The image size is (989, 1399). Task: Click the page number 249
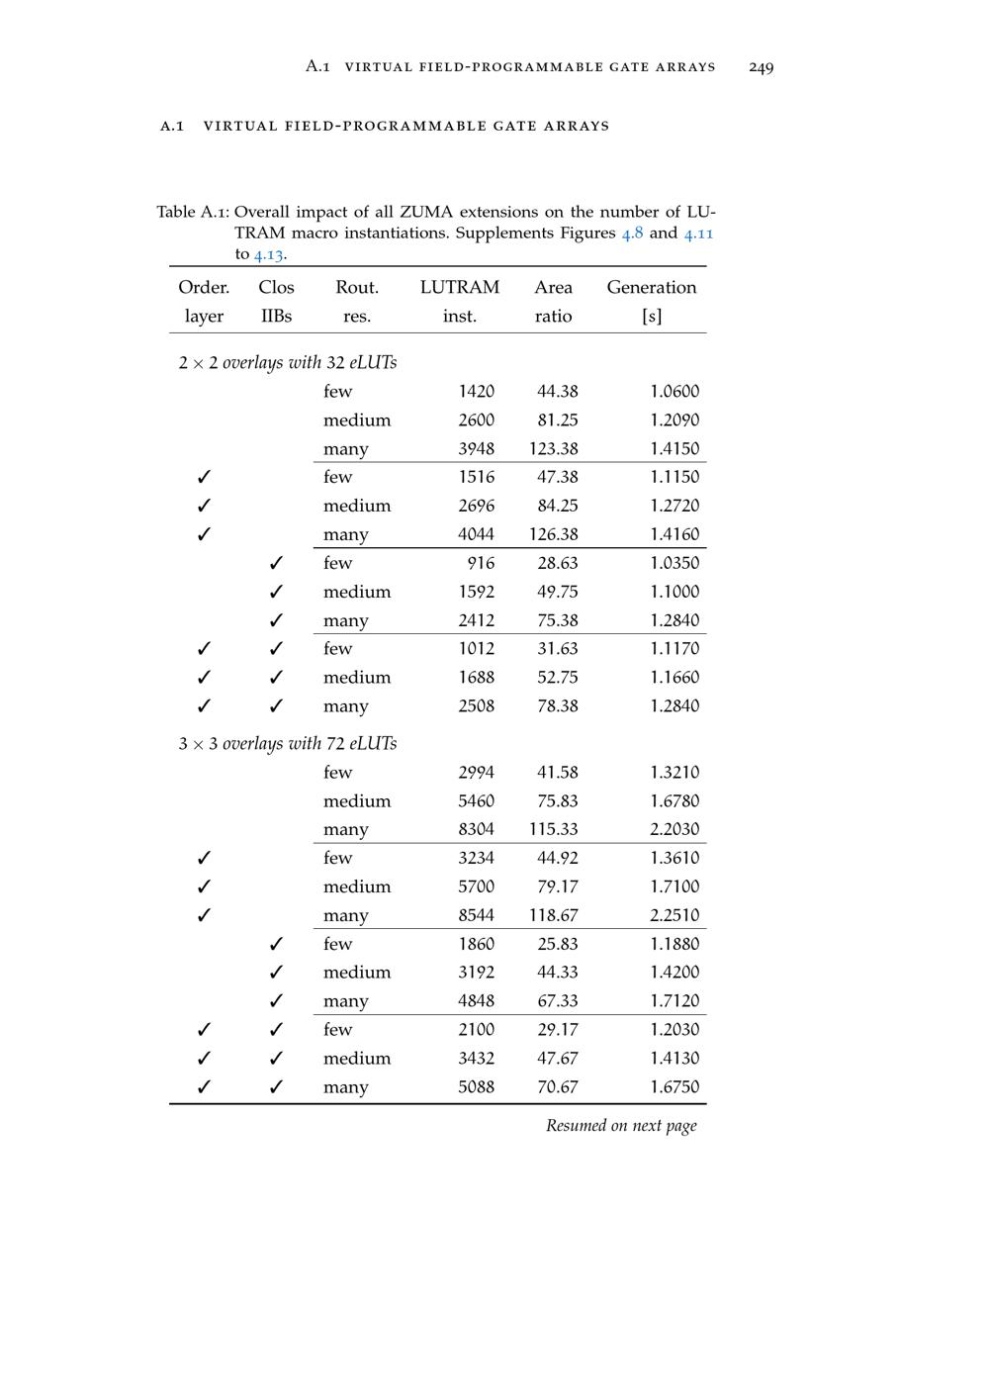[x=761, y=67]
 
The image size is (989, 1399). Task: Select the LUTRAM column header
[x=459, y=288]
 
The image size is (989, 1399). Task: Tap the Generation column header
[x=651, y=288]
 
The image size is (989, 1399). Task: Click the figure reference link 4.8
[x=632, y=233]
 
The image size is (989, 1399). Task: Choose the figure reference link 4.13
[x=268, y=254]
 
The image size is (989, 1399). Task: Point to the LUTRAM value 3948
[x=476, y=449]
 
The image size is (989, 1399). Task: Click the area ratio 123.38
[x=553, y=449]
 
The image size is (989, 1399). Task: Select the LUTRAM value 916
[x=480, y=563]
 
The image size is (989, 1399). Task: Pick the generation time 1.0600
[x=674, y=392]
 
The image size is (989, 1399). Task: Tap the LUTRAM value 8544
[x=476, y=916]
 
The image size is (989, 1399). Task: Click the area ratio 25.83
[x=557, y=944]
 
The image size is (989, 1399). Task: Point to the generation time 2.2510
[x=674, y=916]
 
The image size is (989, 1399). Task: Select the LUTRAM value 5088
[x=476, y=1087]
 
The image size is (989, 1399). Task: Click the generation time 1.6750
[x=674, y=1087]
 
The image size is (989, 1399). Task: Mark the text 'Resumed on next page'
[x=621, y=1126]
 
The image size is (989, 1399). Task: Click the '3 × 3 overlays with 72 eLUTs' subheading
[x=287, y=744]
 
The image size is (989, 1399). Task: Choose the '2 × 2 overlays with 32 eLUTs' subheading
[x=287, y=363]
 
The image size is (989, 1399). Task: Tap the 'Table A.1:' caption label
[x=193, y=213]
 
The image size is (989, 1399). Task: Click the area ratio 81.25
[x=557, y=420]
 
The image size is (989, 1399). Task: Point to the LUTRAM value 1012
[x=476, y=649]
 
